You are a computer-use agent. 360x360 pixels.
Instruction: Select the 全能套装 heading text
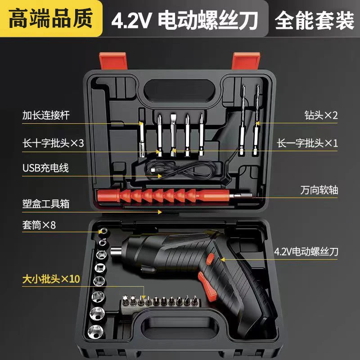coord(315,19)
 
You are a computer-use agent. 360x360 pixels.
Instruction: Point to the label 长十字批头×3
coord(53,143)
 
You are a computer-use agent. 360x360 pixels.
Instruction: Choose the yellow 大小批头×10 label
coord(51,279)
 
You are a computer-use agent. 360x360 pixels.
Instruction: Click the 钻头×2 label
coord(321,115)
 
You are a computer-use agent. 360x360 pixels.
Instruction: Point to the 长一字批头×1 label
coord(308,143)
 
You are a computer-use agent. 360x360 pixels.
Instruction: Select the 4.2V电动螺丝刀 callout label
coord(308,252)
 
